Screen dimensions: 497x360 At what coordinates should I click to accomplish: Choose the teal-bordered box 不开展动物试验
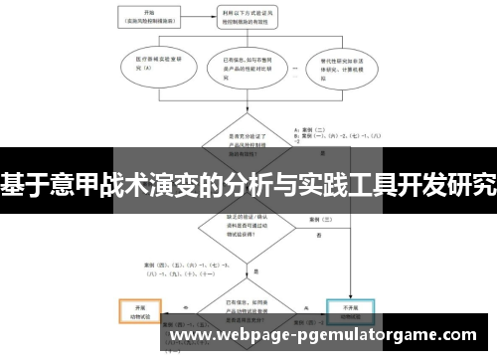(x=353, y=312)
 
